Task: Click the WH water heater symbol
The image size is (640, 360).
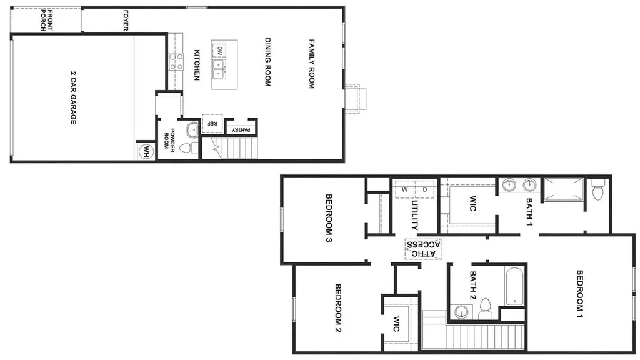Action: tap(146, 152)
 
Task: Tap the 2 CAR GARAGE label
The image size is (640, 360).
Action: tap(73, 97)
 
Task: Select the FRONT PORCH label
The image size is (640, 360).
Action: tap(46, 21)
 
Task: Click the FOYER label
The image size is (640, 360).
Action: tap(126, 21)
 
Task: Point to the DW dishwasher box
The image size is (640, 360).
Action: tap(219, 51)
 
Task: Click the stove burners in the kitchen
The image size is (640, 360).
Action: tap(176, 61)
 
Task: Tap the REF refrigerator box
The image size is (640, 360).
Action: tap(212, 123)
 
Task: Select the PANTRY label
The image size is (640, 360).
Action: tap(241, 130)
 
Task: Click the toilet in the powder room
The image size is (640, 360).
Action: tap(187, 147)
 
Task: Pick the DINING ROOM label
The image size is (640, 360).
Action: tap(267, 62)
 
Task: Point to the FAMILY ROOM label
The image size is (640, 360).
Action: tap(311, 64)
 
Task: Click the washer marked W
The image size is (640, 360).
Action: tap(404, 189)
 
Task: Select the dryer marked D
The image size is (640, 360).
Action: tap(424, 189)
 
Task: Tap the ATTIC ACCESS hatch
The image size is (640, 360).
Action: tap(423, 249)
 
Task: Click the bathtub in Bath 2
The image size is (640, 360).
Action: tap(515, 286)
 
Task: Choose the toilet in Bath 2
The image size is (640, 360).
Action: tap(485, 309)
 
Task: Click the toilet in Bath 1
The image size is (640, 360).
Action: tap(597, 189)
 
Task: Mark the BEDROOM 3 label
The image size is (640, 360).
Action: tap(329, 218)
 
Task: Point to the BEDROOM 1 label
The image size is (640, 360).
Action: tap(579, 294)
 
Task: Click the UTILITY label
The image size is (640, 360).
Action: tap(414, 215)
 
